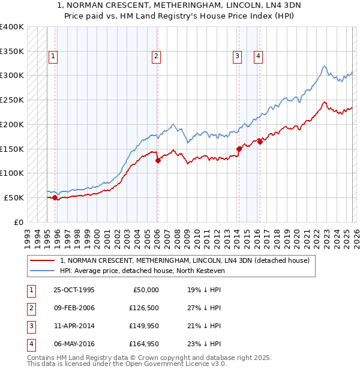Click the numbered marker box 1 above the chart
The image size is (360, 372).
[53, 57]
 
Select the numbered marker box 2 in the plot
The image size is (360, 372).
[156, 57]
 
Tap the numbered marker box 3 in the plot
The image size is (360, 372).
[238, 57]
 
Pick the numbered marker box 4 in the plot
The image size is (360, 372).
[258, 57]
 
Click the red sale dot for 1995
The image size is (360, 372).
[55, 197]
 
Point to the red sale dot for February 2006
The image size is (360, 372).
[158, 160]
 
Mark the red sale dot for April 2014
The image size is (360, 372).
[239, 149]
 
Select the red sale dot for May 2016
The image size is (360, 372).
[260, 142]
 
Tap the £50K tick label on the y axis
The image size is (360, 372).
[14, 197]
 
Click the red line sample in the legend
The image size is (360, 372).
[43, 260]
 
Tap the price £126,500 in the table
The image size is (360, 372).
[144, 307]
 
